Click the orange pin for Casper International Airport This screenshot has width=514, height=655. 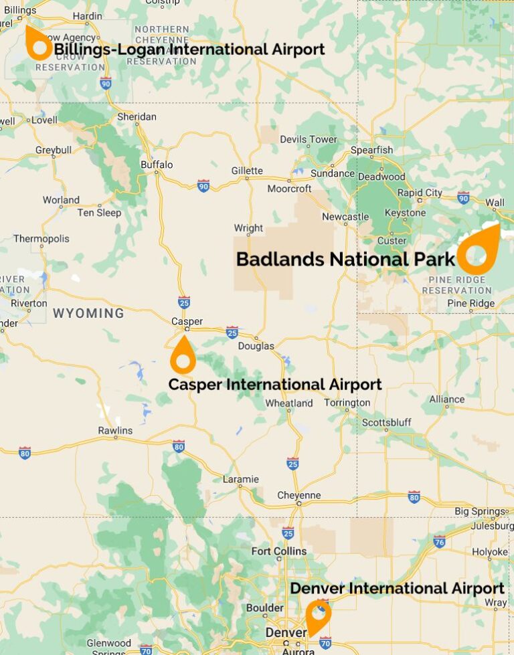tap(183, 355)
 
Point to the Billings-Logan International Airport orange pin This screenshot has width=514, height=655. tap(37, 44)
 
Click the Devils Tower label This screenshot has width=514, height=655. tap(309, 139)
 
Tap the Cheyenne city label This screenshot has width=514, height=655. tap(299, 495)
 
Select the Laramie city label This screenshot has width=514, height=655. tap(241, 479)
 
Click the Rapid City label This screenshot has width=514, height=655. tap(420, 193)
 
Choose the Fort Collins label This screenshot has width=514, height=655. tap(278, 551)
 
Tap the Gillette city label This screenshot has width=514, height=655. tap(247, 171)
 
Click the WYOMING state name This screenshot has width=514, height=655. tap(88, 313)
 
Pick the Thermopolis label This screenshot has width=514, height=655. tap(41, 238)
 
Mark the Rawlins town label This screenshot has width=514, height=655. tap(115, 430)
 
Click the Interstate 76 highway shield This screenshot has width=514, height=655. tap(439, 541)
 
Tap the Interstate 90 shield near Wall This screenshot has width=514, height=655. tap(463, 197)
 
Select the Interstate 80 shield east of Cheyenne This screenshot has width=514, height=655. tap(414, 496)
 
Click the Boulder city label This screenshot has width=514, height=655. tap(265, 608)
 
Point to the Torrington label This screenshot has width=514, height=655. tap(347, 403)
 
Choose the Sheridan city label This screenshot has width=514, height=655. tap(137, 116)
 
